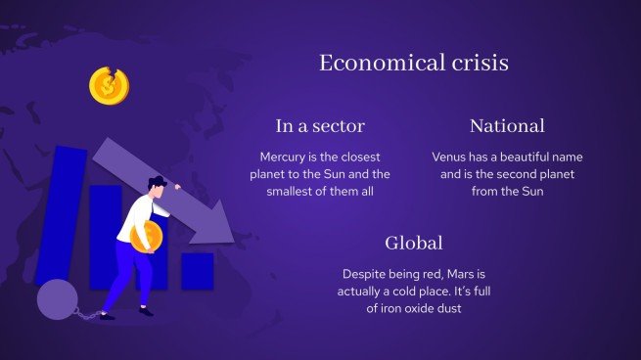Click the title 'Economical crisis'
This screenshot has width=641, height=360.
click(413, 64)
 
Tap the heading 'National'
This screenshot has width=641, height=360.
click(507, 125)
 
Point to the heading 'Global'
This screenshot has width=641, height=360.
click(414, 243)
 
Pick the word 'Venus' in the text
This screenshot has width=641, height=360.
click(452, 157)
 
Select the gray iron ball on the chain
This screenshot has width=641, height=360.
click(56, 299)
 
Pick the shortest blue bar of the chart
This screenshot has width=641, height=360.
click(197, 271)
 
